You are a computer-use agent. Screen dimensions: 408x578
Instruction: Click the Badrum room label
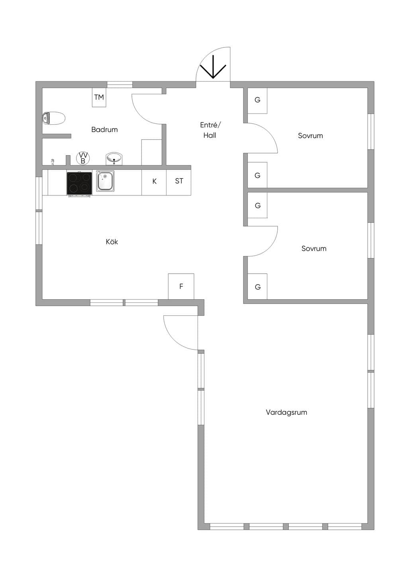tap(104, 129)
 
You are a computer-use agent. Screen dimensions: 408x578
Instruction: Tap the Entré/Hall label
tap(210, 130)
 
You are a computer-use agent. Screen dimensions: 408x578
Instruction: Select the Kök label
tap(112, 242)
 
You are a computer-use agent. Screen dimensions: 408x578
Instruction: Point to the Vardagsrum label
tap(286, 412)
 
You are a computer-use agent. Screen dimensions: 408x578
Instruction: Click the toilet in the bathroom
tap(54, 118)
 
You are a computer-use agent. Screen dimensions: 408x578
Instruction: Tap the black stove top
tap(79, 183)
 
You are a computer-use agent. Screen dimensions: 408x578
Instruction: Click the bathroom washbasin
tap(114, 159)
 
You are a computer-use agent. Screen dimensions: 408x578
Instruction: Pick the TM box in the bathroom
tap(99, 97)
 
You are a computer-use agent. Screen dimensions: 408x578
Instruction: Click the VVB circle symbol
tap(83, 158)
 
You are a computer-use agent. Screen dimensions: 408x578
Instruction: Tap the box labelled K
tap(154, 181)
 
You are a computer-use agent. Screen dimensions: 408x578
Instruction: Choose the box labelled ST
tap(179, 181)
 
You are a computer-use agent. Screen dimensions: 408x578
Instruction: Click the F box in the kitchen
tap(181, 286)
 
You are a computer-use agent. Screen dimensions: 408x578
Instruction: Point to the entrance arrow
tap(213, 67)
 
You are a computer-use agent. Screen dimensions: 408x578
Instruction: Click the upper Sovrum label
tap(310, 136)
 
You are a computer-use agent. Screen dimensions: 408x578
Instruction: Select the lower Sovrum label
tap(314, 249)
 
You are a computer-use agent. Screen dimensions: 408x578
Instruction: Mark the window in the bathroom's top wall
tap(120, 85)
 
